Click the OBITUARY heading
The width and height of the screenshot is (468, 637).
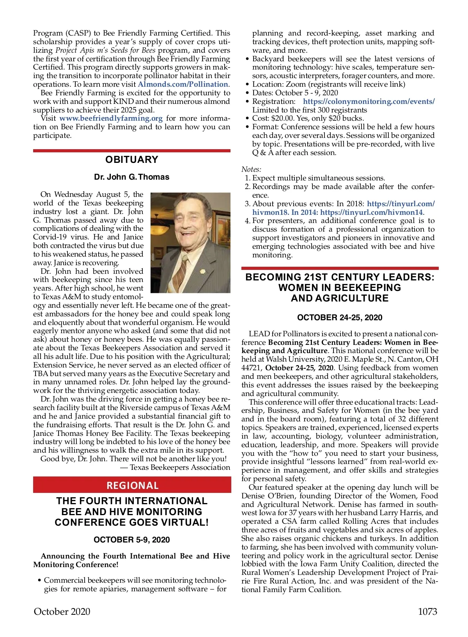(132, 159)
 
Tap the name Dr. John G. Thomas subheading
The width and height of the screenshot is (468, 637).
(132, 177)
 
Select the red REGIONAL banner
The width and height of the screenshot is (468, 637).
(132, 485)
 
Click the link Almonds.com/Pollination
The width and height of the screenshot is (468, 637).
(183, 84)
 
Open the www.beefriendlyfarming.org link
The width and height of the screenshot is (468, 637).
(111, 118)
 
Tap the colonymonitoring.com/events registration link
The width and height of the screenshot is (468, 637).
(369, 102)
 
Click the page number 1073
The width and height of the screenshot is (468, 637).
(427, 612)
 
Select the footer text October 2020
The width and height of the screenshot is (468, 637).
(62, 612)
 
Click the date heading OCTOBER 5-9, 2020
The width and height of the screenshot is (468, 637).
(132, 540)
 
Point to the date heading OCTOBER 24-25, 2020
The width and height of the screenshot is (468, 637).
(340, 318)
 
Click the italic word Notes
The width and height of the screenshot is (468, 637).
(251, 170)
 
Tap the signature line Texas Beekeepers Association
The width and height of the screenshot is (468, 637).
(180, 467)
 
